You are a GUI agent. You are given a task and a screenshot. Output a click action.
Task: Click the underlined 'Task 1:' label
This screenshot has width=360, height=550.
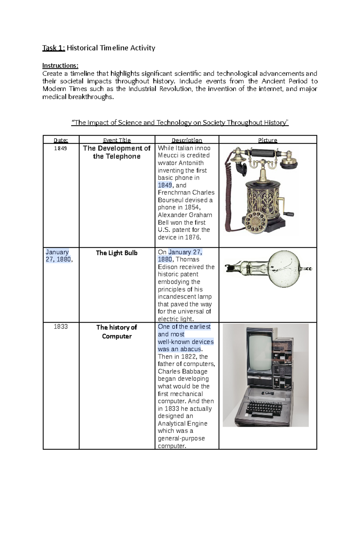(x=54, y=48)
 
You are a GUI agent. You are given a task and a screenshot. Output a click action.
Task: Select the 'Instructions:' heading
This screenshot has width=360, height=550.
(x=60, y=66)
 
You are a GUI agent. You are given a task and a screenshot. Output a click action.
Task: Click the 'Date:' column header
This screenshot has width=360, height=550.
(x=61, y=140)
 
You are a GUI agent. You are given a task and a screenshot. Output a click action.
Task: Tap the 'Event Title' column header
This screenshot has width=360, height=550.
(x=117, y=140)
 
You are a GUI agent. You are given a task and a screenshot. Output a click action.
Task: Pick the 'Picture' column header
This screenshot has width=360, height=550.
(x=268, y=140)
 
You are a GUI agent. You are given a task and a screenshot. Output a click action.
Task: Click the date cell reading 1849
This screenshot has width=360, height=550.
(x=61, y=148)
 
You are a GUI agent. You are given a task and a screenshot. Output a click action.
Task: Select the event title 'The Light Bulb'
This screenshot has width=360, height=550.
(x=117, y=253)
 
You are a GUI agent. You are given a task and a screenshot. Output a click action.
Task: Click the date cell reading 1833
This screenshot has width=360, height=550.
(x=61, y=327)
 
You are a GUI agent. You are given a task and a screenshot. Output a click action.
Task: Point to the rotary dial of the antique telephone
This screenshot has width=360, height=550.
(x=255, y=222)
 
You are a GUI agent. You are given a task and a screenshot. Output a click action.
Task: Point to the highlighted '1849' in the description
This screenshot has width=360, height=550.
(x=165, y=185)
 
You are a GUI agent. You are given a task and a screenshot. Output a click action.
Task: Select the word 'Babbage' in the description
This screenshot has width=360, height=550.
(x=195, y=371)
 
